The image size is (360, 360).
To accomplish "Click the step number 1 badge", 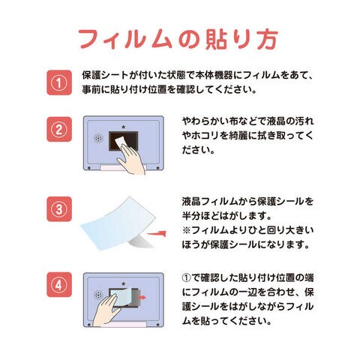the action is (x=59, y=82).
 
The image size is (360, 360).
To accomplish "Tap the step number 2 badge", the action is (x=59, y=129).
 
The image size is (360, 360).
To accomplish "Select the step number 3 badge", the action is (x=59, y=209).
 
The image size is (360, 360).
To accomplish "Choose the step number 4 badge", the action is (x=59, y=284).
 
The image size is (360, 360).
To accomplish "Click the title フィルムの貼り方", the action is (x=178, y=40).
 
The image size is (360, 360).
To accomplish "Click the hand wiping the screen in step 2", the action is (x=131, y=159).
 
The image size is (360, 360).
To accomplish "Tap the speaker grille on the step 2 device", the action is (x=98, y=138).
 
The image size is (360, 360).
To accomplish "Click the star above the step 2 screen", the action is (x=123, y=127).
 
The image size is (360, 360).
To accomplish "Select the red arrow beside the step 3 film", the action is (x=157, y=234).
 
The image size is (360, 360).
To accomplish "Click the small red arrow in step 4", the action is (x=142, y=297).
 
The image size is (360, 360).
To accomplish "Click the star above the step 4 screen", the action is (x=123, y=284).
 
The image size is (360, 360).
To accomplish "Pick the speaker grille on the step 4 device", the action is (x=98, y=295).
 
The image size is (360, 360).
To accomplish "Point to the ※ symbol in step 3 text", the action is (x=187, y=230).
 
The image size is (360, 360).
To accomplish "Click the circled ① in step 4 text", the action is (x=187, y=277).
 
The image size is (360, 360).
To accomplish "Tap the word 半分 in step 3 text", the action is (x=191, y=216).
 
